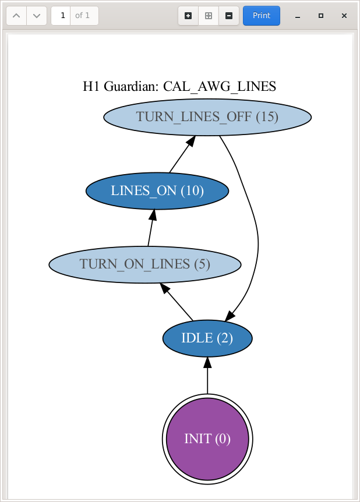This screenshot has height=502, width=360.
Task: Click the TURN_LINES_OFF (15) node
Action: [207, 117]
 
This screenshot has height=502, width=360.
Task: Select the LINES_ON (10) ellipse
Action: [157, 190]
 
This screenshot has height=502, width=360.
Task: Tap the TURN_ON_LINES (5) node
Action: [144, 264]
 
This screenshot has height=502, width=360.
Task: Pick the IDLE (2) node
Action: [207, 338]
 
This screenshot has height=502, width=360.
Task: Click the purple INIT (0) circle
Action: [207, 439]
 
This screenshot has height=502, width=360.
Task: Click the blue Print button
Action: [261, 16]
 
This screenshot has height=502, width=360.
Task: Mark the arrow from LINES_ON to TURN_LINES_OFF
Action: [181, 154]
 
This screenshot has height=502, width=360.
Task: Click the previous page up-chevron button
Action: [16, 16]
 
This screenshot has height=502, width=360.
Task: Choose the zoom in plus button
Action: [188, 16]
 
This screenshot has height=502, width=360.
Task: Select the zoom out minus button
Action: [228, 16]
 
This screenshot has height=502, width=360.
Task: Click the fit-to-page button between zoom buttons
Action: [208, 16]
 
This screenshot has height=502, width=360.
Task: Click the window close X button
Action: [344, 16]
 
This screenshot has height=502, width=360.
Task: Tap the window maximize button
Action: [321, 16]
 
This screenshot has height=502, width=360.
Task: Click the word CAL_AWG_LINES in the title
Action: [219, 87]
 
